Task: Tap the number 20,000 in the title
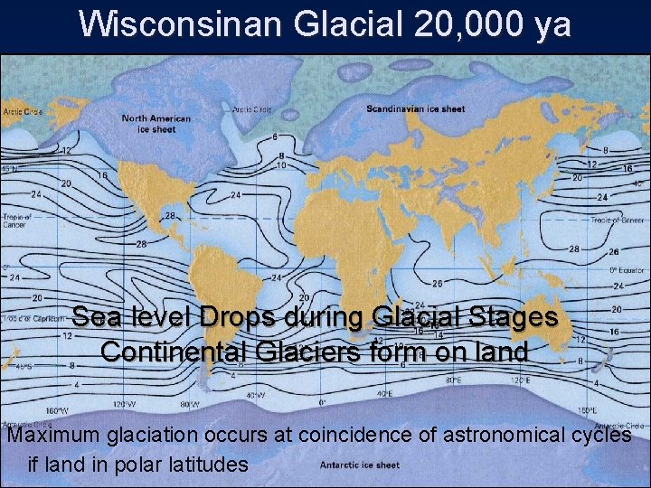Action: point(458,24)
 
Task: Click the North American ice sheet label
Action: point(156,124)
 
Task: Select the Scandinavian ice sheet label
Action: point(415,109)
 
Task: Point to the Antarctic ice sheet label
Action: point(359,465)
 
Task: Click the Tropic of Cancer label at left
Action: point(16,221)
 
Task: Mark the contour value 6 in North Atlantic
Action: point(275,137)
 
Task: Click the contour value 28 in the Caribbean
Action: point(168,217)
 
